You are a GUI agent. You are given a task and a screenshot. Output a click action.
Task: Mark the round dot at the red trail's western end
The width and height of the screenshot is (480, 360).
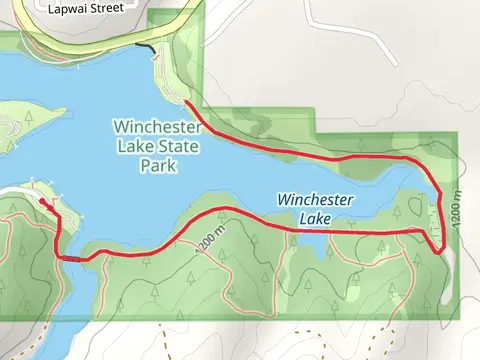click(x=42, y=201)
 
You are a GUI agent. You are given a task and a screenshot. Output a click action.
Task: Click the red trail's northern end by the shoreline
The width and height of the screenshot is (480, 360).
click(x=187, y=103)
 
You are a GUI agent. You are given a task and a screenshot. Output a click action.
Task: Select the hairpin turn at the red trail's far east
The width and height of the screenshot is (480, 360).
click(x=440, y=250)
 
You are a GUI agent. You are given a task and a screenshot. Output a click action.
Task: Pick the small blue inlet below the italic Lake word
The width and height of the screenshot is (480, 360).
click(x=312, y=243)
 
